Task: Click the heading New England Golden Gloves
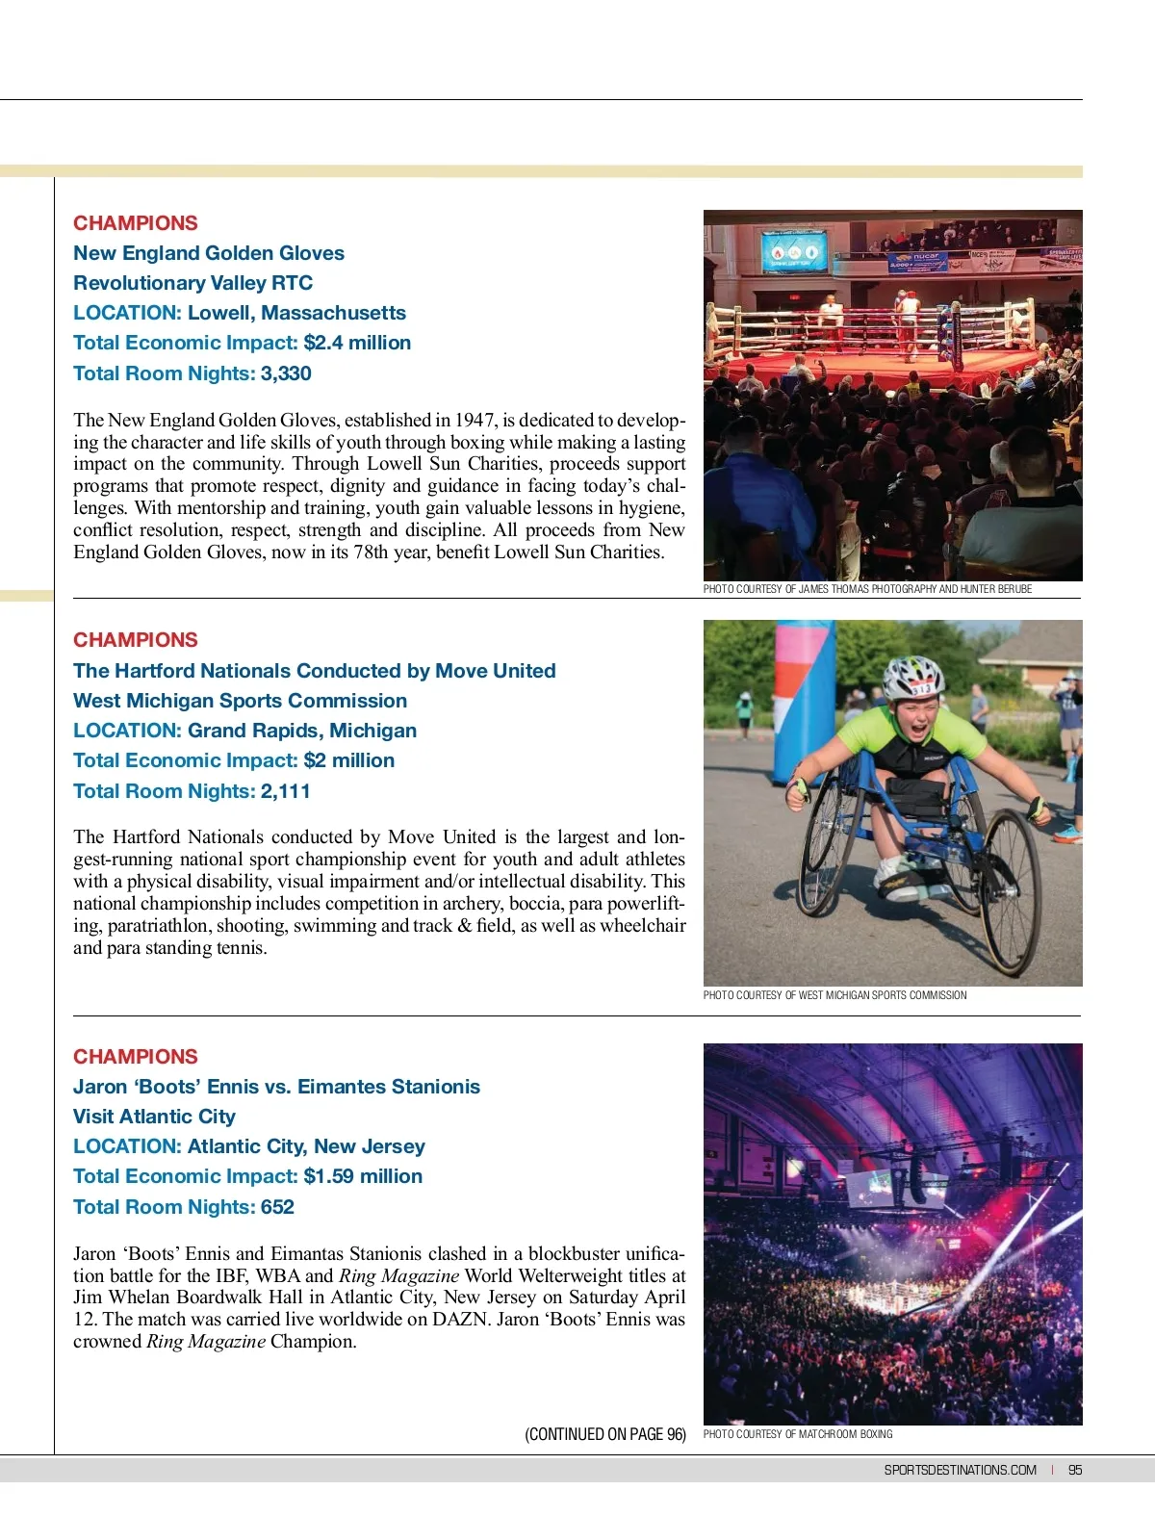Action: pyautogui.click(x=209, y=253)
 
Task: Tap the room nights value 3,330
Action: pyautogui.click(x=286, y=373)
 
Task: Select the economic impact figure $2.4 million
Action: pyautogui.click(x=357, y=343)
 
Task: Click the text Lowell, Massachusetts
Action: pyautogui.click(x=296, y=313)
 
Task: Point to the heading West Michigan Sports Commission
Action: pyautogui.click(x=240, y=701)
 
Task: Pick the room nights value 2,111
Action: pyautogui.click(x=286, y=791)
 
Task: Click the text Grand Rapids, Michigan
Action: pyautogui.click(x=302, y=731)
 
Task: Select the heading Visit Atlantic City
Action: pyautogui.click(x=154, y=1117)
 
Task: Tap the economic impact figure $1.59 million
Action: pyautogui.click(x=363, y=1176)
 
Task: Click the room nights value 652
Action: pyautogui.click(x=277, y=1207)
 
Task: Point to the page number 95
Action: pyautogui.click(x=1075, y=1470)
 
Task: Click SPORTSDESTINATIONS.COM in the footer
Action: pyautogui.click(x=960, y=1470)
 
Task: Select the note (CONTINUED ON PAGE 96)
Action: pyautogui.click(x=605, y=1434)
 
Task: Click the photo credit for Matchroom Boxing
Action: pyautogui.click(x=798, y=1434)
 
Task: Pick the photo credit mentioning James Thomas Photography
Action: pyautogui.click(x=867, y=589)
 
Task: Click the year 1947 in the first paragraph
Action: pyautogui.click(x=475, y=420)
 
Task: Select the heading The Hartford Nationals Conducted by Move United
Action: pyautogui.click(x=315, y=671)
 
